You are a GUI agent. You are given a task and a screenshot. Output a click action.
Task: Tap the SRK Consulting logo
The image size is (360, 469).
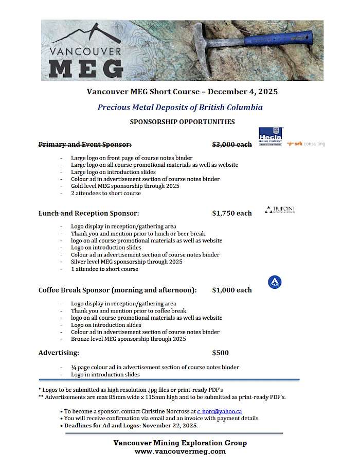click(x=306, y=144)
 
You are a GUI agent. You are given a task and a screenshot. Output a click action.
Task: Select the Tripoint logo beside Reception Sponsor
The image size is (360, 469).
click(x=280, y=210)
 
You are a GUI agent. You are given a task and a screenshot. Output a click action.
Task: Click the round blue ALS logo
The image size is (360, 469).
click(x=275, y=282)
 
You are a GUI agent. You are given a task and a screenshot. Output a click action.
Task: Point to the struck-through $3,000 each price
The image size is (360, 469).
click(x=232, y=145)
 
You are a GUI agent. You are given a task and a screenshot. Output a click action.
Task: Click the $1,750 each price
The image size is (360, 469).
click(x=232, y=213)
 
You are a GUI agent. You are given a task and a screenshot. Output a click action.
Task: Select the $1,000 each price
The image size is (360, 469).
click(x=232, y=290)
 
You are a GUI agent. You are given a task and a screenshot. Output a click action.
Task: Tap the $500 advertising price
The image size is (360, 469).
click(x=221, y=353)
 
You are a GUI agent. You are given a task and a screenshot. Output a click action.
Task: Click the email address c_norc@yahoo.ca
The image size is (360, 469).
click(x=220, y=411)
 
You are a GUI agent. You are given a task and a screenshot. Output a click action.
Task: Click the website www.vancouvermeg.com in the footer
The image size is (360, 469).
click(x=180, y=451)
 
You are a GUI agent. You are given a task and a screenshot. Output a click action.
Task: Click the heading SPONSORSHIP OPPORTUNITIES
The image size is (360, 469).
click(x=182, y=122)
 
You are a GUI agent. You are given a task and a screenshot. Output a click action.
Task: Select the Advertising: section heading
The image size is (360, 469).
click(x=59, y=353)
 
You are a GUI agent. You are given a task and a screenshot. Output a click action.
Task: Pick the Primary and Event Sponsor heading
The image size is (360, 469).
click(x=85, y=145)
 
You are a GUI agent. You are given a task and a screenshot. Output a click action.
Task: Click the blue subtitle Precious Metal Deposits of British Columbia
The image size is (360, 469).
click(x=180, y=108)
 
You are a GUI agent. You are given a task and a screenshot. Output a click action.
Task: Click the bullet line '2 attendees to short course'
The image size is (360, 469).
click(x=105, y=194)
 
